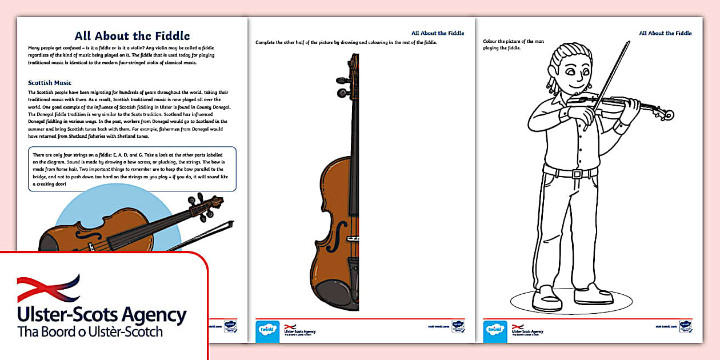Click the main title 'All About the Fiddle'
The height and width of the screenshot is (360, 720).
[x=132, y=36]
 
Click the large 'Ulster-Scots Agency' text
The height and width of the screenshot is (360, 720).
[x=102, y=315]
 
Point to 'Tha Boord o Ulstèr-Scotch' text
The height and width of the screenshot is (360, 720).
[x=90, y=332]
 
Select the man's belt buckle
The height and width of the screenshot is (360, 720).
[x=577, y=174]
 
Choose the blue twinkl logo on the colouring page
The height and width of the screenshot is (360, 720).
[x=495, y=330]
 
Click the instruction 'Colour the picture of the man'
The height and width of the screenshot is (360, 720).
[x=509, y=42]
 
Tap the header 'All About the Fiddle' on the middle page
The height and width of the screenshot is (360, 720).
[x=438, y=33]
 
